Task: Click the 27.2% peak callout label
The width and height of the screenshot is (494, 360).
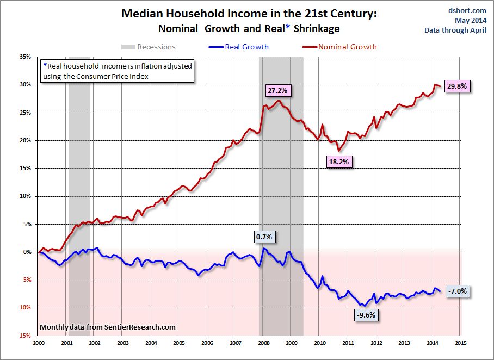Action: (278, 91)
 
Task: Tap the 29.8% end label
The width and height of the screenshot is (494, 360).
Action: (457, 86)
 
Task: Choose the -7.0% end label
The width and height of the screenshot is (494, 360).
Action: (456, 291)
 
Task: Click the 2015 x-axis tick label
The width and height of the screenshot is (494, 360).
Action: (461, 343)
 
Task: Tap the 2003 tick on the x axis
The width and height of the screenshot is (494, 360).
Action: (123, 343)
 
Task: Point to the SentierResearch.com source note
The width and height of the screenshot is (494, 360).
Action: (108, 327)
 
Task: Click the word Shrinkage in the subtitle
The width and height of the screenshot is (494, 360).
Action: (316, 28)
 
